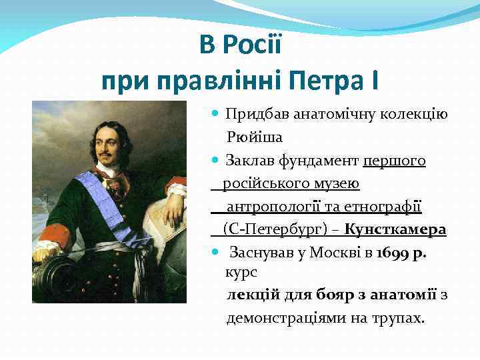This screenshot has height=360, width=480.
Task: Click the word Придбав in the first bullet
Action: (x=254, y=115)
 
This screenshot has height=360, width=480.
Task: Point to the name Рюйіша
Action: (x=255, y=138)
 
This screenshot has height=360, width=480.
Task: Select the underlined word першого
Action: (x=395, y=161)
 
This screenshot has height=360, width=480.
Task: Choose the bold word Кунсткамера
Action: (x=395, y=229)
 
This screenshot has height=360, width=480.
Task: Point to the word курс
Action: (x=241, y=273)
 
